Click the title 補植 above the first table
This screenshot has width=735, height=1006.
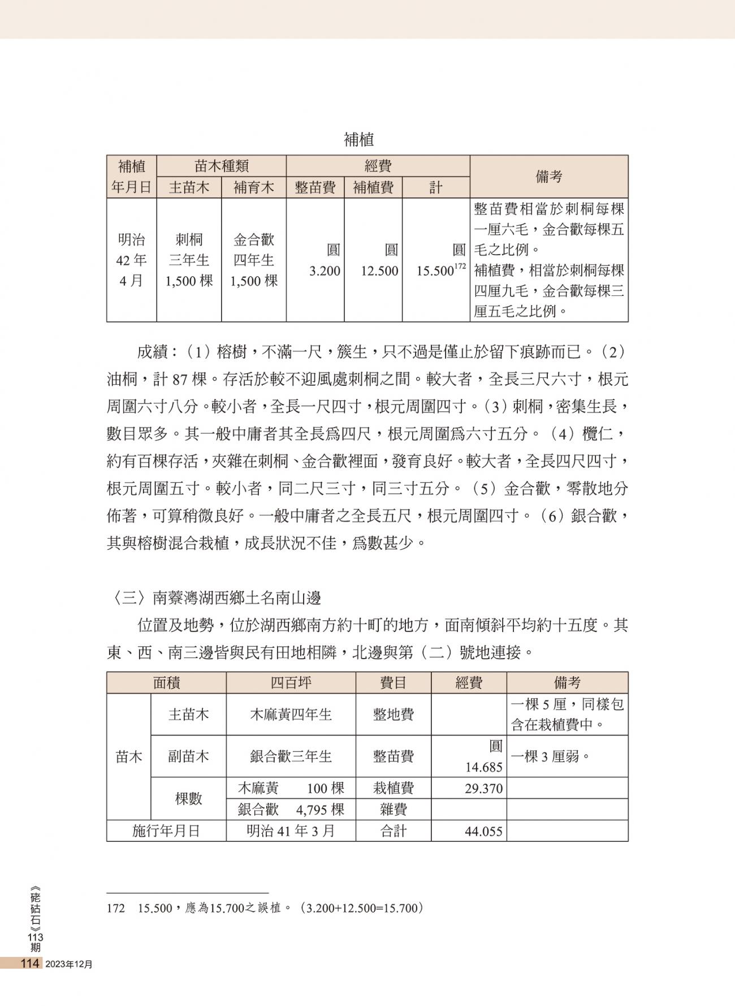[x=358, y=140]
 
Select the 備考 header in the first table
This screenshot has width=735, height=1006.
[x=548, y=177]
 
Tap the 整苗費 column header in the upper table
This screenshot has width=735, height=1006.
[x=315, y=187]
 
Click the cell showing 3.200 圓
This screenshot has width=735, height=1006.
[x=325, y=261]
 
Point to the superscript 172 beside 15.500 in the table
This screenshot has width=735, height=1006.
[x=460, y=266]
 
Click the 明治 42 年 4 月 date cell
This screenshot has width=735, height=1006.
[x=132, y=260]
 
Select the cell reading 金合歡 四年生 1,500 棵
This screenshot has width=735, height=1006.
[x=254, y=260]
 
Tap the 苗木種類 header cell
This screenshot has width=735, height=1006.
[x=221, y=166]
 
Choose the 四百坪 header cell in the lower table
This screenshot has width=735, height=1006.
[x=291, y=683]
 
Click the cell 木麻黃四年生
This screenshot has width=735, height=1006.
[x=291, y=715]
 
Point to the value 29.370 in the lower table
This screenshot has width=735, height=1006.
[x=483, y=789]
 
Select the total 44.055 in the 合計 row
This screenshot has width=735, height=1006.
[x=483, y=832]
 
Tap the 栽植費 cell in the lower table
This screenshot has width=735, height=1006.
[x=393, y=788]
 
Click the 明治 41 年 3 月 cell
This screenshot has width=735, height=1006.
[x=291, y=831]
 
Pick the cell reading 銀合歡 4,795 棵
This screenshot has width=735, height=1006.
[x=291, y=810]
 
